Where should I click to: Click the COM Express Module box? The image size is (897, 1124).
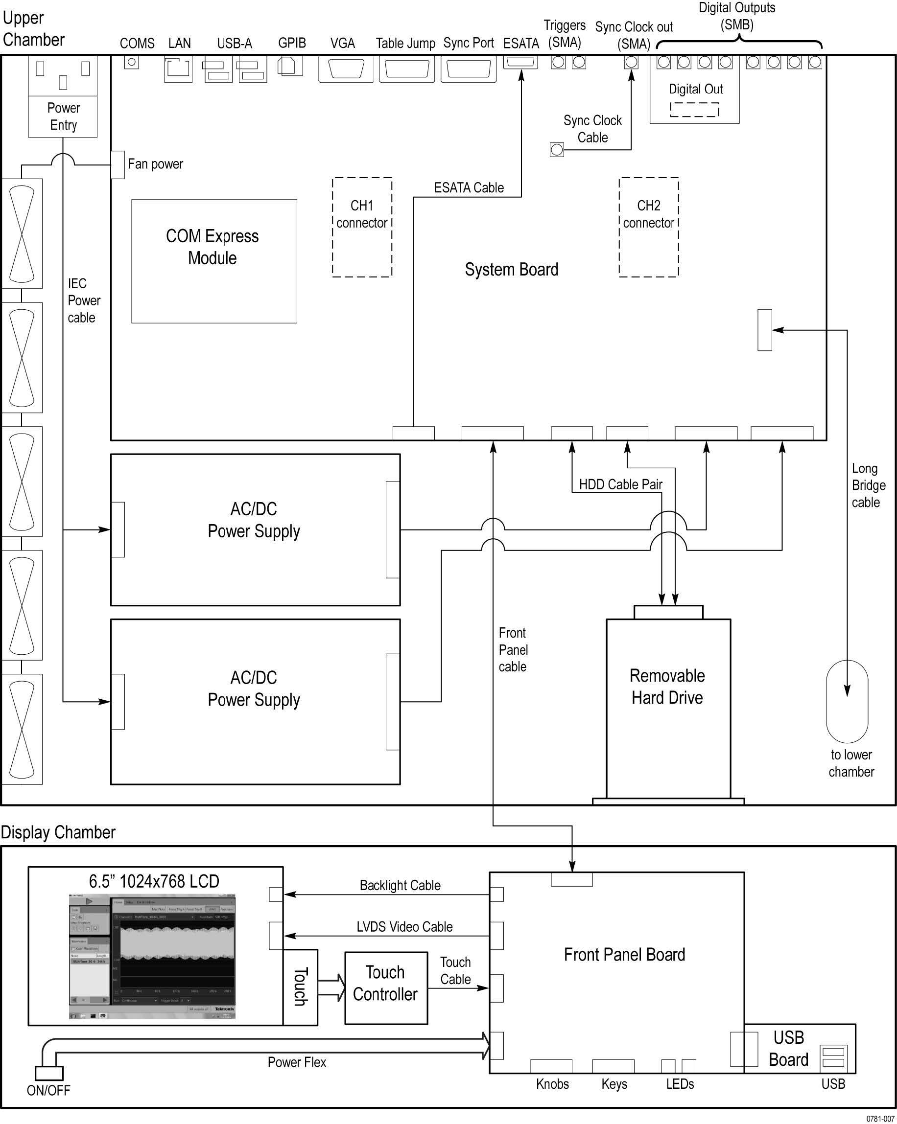(214, 261)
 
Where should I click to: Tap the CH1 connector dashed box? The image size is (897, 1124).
(362, 228)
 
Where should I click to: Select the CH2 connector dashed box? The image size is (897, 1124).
(649, 228)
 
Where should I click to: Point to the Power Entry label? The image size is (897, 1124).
(63, 117)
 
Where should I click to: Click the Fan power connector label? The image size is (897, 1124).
(155, 164)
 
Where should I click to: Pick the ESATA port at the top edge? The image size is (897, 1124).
(520, 62)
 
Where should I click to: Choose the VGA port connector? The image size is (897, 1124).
(346, 69)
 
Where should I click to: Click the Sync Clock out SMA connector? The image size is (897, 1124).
(631, 62)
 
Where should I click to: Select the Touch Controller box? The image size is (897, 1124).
(386, 984)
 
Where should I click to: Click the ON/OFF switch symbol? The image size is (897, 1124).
(49, 1073)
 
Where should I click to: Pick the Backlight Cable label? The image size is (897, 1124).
(400, 885)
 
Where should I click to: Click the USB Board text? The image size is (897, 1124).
(788, 1049)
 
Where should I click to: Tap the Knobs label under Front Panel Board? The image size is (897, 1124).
(552, 1084)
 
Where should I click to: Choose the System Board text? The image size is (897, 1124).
(512, 270)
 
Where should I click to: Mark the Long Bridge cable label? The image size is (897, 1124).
(868, 485)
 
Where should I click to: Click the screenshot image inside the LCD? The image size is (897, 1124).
(152, 956)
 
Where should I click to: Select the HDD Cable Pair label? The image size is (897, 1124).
(620, 484)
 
